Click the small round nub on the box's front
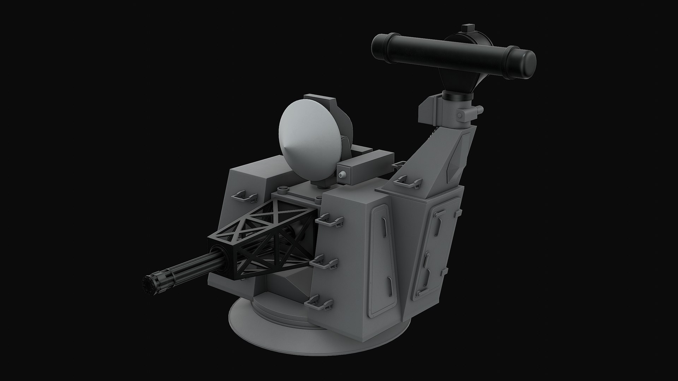[342, 175]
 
